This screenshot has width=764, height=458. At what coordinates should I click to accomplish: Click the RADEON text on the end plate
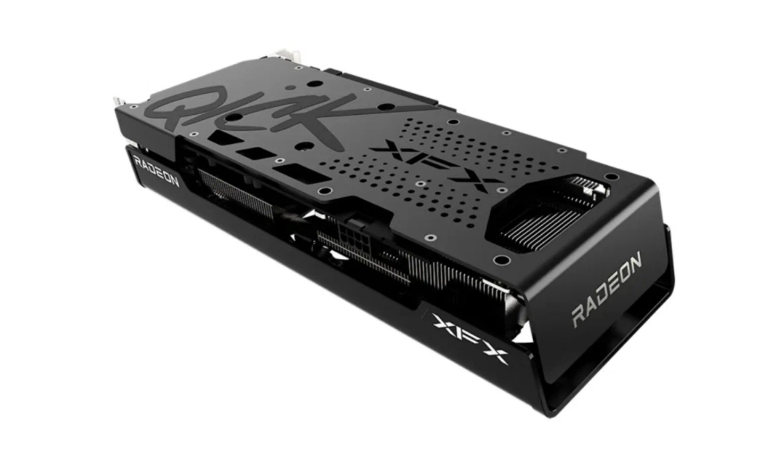pyautogui.click(x=607, y=289)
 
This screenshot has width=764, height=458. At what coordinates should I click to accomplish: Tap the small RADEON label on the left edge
pyautogui.click(x=156, y=172)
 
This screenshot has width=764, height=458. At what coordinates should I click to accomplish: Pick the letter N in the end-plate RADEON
pyautogui.click(x=634, y=262)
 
